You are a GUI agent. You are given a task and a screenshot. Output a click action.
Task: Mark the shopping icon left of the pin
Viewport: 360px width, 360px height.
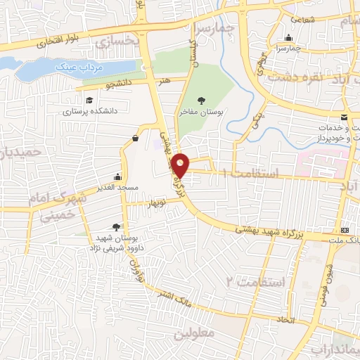point(134,139)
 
